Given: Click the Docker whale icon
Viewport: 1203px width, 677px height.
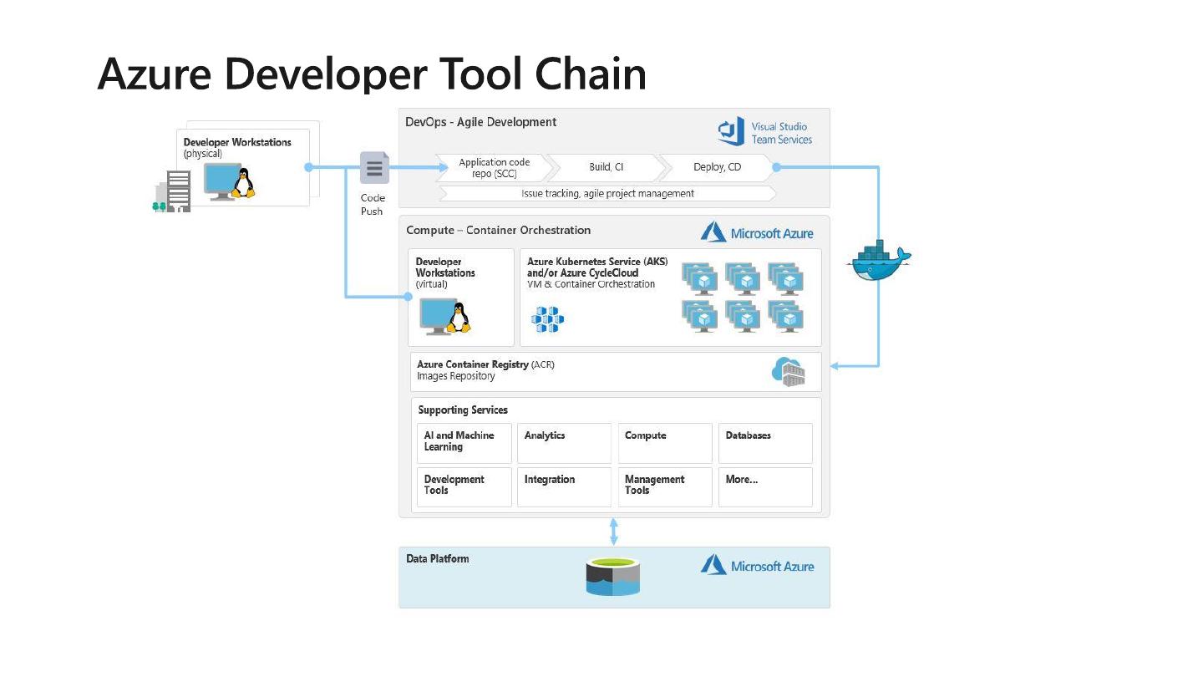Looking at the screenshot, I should (878, 261).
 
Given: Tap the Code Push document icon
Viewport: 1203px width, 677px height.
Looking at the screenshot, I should (373, 167).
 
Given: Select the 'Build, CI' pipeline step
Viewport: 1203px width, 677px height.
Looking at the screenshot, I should (607, 167).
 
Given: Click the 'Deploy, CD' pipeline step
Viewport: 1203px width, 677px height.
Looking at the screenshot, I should (717, 167).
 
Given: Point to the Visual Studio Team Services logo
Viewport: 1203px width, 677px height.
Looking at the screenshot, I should (764, 133).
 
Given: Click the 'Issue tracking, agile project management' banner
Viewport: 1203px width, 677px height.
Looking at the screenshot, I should (607, 194).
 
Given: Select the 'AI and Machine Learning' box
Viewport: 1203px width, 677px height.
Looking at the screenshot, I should (464, 443).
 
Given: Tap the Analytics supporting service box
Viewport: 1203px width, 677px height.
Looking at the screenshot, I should (564, 443).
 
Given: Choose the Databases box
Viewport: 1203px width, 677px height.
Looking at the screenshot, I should (765, 443).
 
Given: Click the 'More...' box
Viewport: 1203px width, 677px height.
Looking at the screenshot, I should (765, 487).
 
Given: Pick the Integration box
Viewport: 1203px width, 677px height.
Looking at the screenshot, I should (564, 487).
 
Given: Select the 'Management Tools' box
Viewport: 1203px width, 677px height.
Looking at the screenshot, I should (665, 487).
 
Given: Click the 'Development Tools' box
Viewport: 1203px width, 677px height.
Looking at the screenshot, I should (464, 487).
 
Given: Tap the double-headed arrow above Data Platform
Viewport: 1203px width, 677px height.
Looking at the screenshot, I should (614, 532).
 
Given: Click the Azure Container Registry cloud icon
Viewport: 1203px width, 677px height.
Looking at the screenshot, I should (788, 371).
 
